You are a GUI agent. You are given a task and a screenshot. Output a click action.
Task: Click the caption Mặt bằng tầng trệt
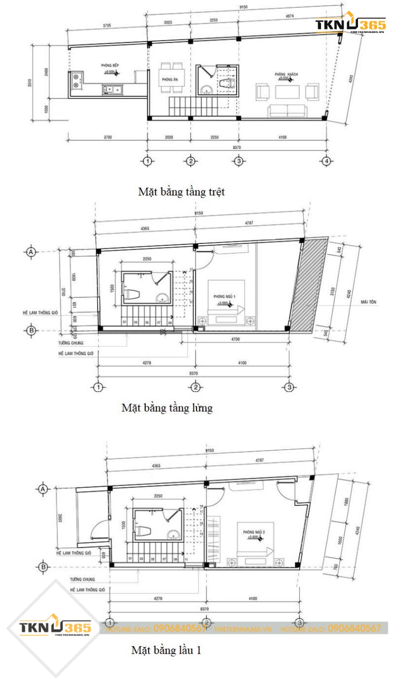(x=181, y=192)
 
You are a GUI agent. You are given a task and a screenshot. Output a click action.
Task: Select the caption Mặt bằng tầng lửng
(x=167, y=408)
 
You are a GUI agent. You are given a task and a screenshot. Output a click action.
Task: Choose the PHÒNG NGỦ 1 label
(x=224, y=296)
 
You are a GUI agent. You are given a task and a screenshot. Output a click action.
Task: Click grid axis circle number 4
(x=325, y=161)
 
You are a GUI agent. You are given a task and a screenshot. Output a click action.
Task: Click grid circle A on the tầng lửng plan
(x=31, y=252)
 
